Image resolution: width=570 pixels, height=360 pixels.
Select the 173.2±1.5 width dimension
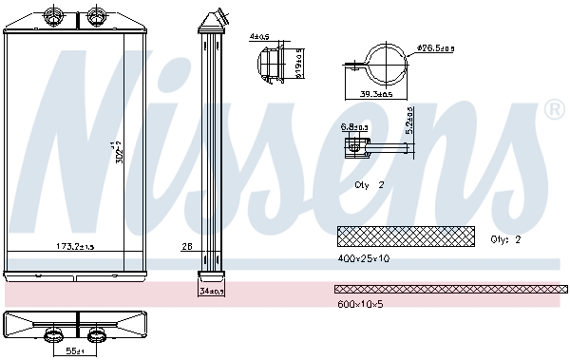tap(73, 247)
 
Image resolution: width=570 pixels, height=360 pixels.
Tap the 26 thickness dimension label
tap(186, 247)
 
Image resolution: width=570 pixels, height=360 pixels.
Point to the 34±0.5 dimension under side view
tap(211, 292)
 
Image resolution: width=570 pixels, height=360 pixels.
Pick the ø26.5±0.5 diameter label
tap(436, 47)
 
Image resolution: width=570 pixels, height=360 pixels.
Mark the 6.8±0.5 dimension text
tap(353, 126)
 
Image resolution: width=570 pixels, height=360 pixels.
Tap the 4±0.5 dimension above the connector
tap(259, 37)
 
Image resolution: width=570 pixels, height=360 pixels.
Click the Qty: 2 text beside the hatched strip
tap(505, 239)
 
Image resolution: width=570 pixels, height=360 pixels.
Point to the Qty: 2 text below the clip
tap(369, 185)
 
